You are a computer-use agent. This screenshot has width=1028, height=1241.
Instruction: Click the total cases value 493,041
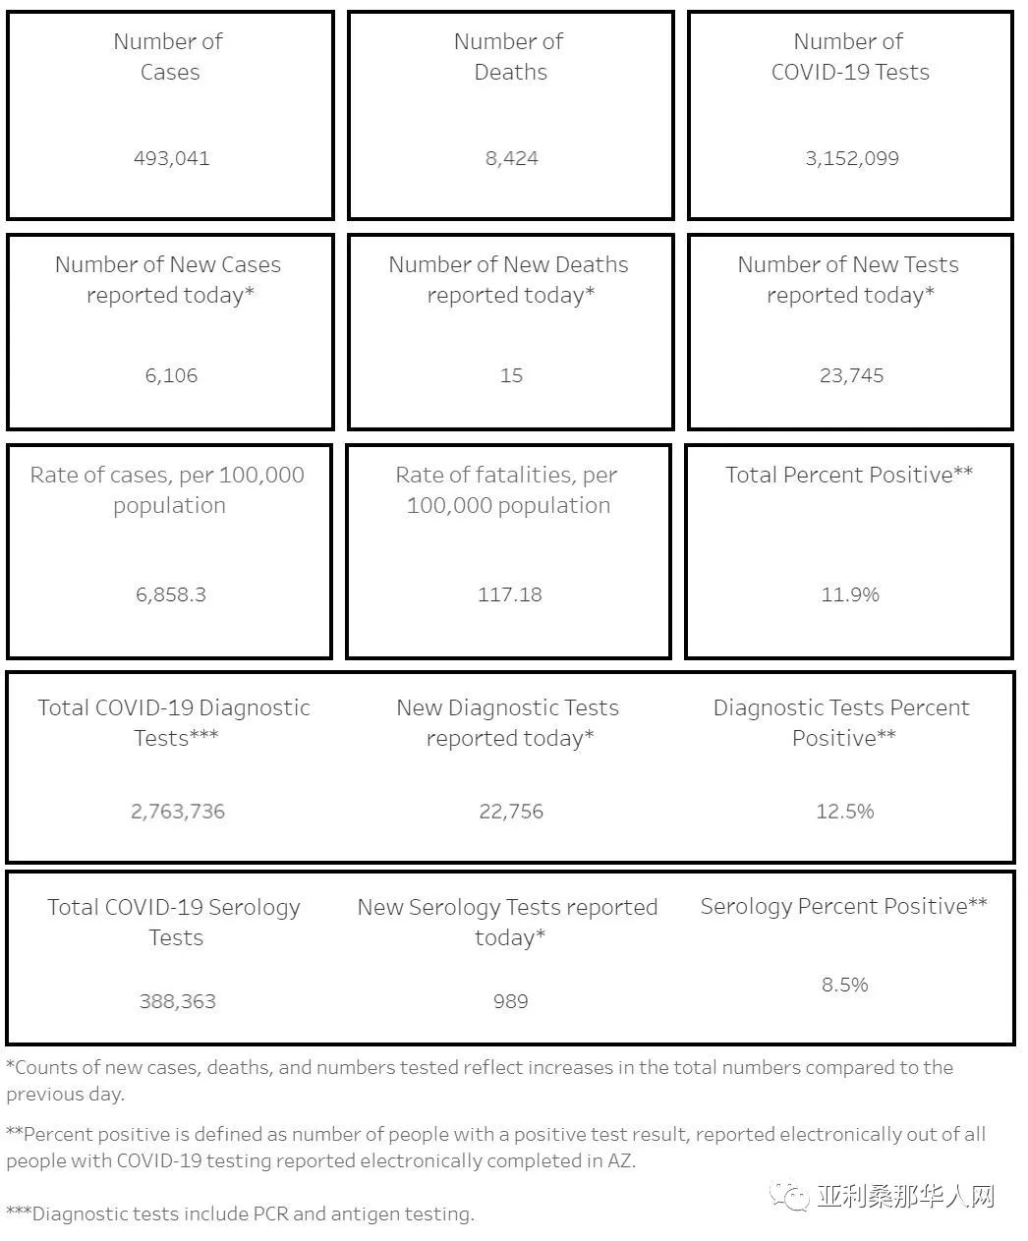pos(171,158)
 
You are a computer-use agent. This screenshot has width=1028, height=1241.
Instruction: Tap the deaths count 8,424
pos(511,158)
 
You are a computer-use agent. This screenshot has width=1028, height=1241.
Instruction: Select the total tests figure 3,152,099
pos(851,158)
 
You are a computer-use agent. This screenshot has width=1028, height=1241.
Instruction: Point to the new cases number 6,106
pos(171,375)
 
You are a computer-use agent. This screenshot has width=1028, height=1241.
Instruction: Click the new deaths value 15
pos(511,375)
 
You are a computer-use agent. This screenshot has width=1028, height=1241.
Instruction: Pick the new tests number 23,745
pos(851,375)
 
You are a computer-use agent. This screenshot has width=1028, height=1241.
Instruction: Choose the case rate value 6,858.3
pos(171,594)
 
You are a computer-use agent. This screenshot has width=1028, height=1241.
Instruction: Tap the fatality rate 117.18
pos(509,594)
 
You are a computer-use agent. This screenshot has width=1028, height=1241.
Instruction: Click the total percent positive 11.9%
pos(850,594)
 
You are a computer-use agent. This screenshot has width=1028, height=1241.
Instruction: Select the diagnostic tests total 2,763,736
pos(178,812)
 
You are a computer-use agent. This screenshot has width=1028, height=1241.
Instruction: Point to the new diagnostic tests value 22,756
pos(511,812)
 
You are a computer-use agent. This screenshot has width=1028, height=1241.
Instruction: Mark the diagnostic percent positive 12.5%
pos(844,812)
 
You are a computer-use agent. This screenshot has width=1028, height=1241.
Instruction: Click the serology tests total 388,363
pos(178,1001)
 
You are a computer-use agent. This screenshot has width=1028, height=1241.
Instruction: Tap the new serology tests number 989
pos(510,1001)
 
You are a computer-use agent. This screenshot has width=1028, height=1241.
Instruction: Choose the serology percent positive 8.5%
pos(844,985)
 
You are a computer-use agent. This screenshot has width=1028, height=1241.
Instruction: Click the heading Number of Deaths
pos(509,56)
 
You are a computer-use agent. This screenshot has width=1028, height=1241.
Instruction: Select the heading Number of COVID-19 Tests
pos(849,56)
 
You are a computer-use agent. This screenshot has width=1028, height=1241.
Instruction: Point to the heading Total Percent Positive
pos(849,475)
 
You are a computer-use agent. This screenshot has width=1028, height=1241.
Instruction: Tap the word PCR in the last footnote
pos(270,1214)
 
